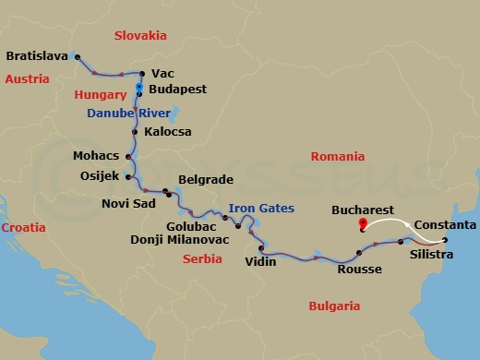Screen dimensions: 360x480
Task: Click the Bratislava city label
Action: tap(37, 56)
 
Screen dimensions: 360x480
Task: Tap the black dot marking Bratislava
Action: tap(76, 56)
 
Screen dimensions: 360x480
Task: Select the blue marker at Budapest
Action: tap(139, 89)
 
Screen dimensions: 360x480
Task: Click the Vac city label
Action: tap(162, 73)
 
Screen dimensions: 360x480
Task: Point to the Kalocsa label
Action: tap(169, 132)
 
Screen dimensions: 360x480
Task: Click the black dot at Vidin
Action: tap(262, 247)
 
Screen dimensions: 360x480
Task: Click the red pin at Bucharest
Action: tap(362, 222)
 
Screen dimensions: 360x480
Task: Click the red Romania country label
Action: tap(338, 158)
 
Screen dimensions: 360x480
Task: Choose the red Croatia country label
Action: tap(24, 226)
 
